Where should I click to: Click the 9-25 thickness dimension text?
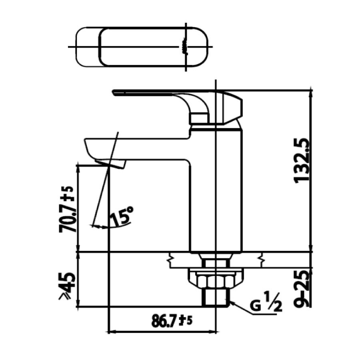(x=303, y=288)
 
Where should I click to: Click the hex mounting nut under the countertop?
(x=216, y=279)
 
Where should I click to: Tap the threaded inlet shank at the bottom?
(x=216, y=298)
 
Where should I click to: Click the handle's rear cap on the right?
(x=232, y=107)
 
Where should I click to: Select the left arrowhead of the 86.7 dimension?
(x=112, y=332)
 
